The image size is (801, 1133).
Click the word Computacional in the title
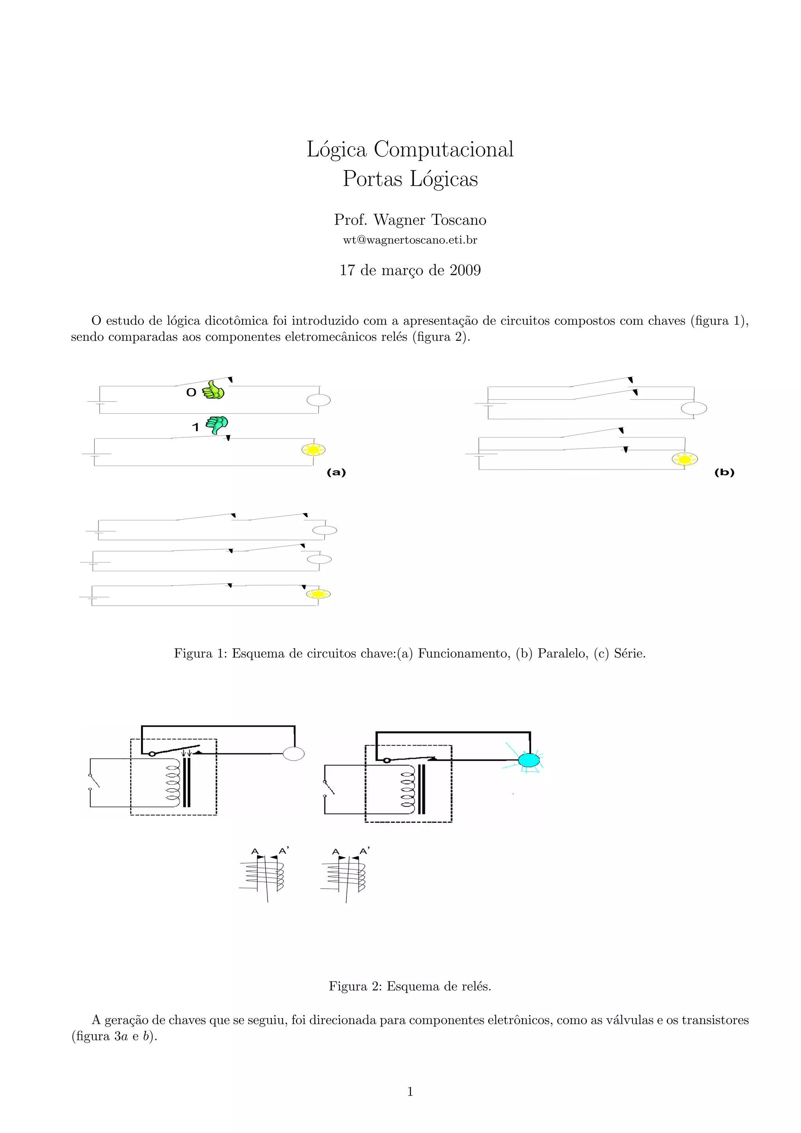click(x=443, y=149)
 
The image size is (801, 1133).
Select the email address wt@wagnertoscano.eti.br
click(x=410, y=240)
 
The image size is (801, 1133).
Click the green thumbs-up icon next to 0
click(x=213, y=390)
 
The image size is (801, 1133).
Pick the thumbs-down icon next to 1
click(x=217, y=424)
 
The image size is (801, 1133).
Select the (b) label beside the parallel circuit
click(x=724, y=472)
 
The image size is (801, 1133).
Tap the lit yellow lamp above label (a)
click(x=313, y=450)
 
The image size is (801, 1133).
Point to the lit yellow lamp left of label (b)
click(x=684, y=459)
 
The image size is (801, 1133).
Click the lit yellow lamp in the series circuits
click(x=318, y=593)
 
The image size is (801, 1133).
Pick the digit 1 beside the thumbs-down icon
click(x=196, y=427)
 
